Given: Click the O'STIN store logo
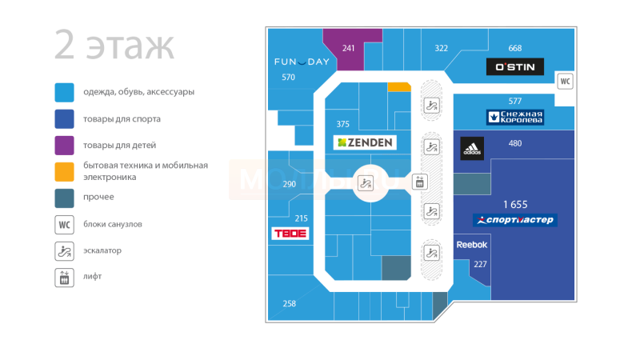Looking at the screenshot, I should pyautogui.click(x=515, y=66).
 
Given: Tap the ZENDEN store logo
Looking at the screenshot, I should pyautogui.click(x=366, y=142).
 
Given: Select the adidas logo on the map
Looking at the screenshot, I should pyautogui.click(x=472, y=148).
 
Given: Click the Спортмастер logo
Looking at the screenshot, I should pyautogui.click(x=515, y=220).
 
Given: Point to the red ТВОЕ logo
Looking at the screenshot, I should pyautogui.click(x=290, y=234).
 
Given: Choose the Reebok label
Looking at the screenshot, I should pyautogui.click(x=471, y=245).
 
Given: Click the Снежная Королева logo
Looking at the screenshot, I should pyautogui.click(x=515, y=118).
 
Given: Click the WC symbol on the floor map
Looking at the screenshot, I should pyautogui.click(x=565, y=81).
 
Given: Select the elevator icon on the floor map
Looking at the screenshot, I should pyautogui.click(x=419, y=182).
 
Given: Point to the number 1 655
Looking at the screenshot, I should pyautogui.click(x=515, y=205).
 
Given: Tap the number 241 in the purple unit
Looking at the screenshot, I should pyautogui.click(x=349, y=49).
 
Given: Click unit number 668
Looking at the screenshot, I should pyautogui.click(x=515, y=49).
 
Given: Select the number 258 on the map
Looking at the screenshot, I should pyautogui.click(x=290, y=303).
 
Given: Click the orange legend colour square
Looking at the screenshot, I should pyautogui.click(x=65, y=171).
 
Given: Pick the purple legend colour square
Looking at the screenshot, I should pyautogui.click(x=65, y=146).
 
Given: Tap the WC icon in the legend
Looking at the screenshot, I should pyautogui.click(x=65, y=224).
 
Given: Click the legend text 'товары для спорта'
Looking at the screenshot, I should pyautogui.click(x=122, y=119).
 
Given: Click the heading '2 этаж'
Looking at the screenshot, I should pyautogui.click(x=114, y=46).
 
